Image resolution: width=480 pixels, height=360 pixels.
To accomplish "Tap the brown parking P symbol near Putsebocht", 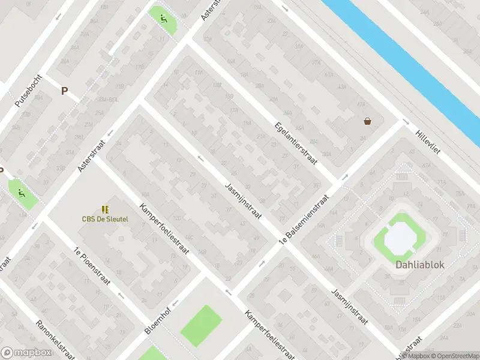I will [x=64, y=91].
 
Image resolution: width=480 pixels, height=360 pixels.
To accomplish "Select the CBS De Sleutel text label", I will [x=105, y=219].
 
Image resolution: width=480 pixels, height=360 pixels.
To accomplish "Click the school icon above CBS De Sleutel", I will [x=105, y=209].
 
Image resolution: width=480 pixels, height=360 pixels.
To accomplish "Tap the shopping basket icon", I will [x=367, y=121].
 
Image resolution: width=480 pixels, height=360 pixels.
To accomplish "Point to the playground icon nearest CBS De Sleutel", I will [x=22, y=193].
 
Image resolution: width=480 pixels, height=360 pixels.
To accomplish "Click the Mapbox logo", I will [x=26, y=352].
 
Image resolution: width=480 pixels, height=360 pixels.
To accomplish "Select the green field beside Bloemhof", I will [x=201, y=325].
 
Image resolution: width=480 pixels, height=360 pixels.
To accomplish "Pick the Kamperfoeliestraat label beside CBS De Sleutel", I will [x=163, y=229].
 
